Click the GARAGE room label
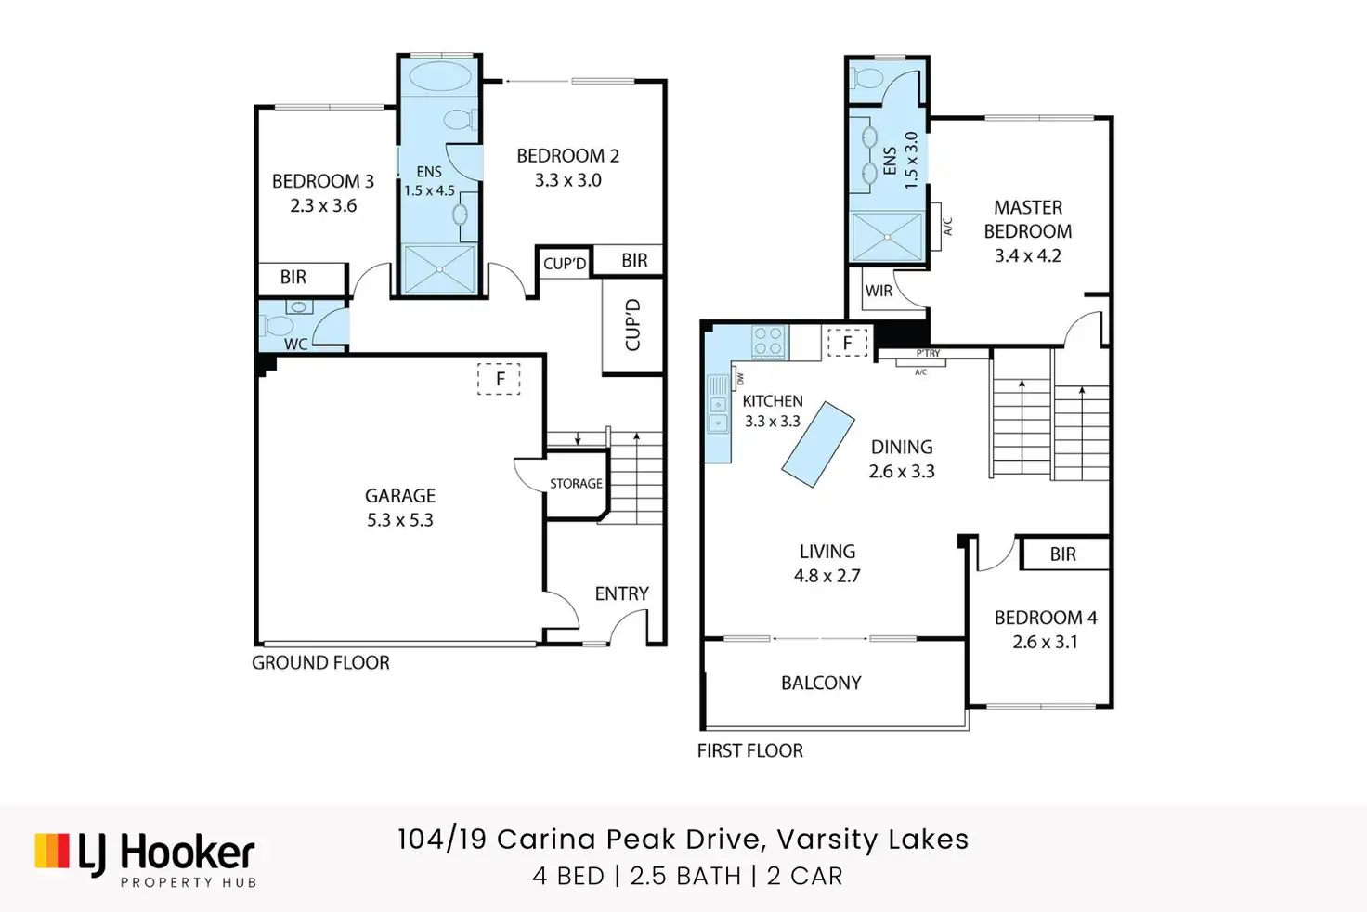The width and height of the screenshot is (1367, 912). pyautogui.click(x=400, y=495)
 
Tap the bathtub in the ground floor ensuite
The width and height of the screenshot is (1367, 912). pyautogui.click(x=438, y=77)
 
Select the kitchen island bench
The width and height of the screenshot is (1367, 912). pyautogui.click(x=818, y=444)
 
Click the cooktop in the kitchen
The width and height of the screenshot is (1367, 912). pyautogui.click(x=769, y=341)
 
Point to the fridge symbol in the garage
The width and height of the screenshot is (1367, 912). pyautogui.click(x=500, y=379)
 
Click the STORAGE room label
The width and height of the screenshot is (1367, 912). pyautogui.click(x=576, y=484)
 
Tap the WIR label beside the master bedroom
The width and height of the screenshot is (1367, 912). pyautogui.click(x=879, y=292)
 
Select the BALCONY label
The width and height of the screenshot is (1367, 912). pyautogui.click(x=822, y=683)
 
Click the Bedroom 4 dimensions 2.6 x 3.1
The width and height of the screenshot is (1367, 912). pyautogui.click(x=1046, y=642)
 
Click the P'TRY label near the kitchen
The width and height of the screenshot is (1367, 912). pyautogui.click(x=929, y=353)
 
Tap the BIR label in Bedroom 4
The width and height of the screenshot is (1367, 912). pyautogui.click(x=1063, y=554)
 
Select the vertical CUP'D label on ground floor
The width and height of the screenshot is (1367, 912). pyautogui.click(x=632, y=325)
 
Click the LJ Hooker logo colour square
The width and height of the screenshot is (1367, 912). pyautogui.click(x=52, y=851)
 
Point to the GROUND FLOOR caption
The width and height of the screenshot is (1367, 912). pyautogui.click(x=321, y=662)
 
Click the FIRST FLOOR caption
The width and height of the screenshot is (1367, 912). pyautogui.click(x=750, y=750)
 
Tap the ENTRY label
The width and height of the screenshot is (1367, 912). pyautogui.click(x=622, y=593)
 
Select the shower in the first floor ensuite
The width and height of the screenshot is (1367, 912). pyautogui.click(x=887, y=237)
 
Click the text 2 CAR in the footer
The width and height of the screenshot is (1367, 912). pyautogui.click(x=805, y=876)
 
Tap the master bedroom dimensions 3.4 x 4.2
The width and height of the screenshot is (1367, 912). pyautogui.click(x=1028, y=255)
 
